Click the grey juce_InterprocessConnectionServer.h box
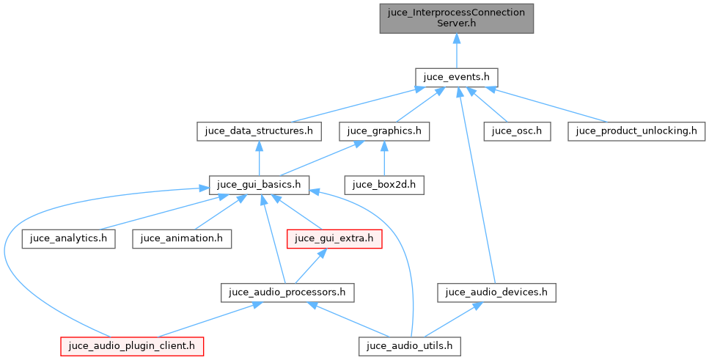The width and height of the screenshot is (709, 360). coord(456,18)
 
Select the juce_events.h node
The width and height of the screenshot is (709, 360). coord(456,77)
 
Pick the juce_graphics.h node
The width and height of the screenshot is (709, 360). coord(384,132)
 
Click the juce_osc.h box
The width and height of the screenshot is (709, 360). coord(516,132)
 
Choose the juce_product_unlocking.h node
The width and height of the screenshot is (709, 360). coord(636,132)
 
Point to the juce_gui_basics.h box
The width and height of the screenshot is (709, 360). coord(260,184)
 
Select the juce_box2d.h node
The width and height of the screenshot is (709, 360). coord(384,184)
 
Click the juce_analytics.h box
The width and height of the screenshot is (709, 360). coord(69,238)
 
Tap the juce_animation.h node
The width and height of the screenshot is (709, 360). coord(182,238)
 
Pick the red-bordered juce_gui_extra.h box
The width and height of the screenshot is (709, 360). coord(334,238)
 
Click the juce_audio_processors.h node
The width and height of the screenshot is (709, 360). coord(287,292)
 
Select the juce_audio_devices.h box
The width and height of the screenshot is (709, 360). coord(496,292)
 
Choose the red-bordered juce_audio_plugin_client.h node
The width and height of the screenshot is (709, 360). coord(132,345)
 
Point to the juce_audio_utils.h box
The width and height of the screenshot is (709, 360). coord(410,345)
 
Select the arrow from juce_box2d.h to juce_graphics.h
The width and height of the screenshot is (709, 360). coord(384,158)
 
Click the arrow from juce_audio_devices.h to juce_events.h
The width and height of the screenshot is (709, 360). coord(477,191)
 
